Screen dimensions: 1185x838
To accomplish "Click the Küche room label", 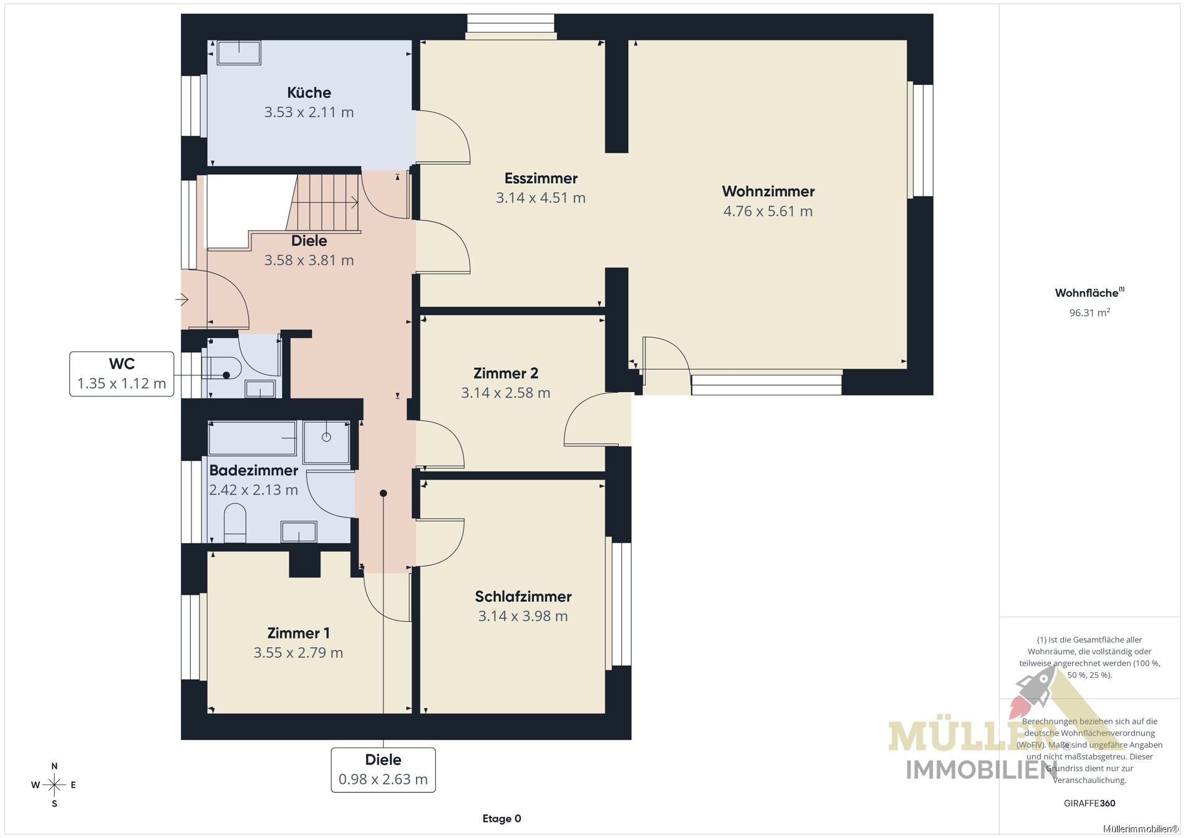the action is (x=309, y=93).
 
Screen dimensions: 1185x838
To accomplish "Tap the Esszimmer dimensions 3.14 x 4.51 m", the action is (x=541, y=198).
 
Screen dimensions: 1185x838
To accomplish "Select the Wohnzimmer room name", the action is (x=768, y=191).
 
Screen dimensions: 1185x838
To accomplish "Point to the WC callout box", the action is (x=122, y=373).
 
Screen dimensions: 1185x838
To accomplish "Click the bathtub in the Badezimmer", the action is (x=252, y=438).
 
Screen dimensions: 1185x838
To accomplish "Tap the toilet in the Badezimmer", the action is (x=235, y=523).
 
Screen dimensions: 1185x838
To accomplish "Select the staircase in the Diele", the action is (x=324, y=203).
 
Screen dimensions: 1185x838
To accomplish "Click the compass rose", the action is (x=54, y=785).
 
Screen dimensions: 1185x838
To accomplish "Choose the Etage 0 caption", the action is (x=501, y=819).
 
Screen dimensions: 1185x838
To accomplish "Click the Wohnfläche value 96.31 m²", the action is (x=1090, y=312).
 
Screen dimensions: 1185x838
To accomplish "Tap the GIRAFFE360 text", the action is (x=1090, y=803).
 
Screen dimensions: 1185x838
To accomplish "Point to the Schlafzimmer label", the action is (x=523, y=597).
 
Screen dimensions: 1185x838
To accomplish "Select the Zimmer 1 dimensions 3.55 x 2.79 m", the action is (x=298, y=653).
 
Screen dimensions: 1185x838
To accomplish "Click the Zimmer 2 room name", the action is (x=506, y=373).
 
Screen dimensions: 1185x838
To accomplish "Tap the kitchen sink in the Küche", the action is (x=238, y=53).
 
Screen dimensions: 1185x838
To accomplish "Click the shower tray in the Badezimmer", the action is (x=326, y=442).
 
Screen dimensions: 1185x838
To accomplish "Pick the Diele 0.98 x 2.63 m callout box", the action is (x=383, y=770).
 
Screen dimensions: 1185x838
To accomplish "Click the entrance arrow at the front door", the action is (x=182, y=300).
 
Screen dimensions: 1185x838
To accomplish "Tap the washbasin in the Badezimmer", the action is (x=299, y=532).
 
